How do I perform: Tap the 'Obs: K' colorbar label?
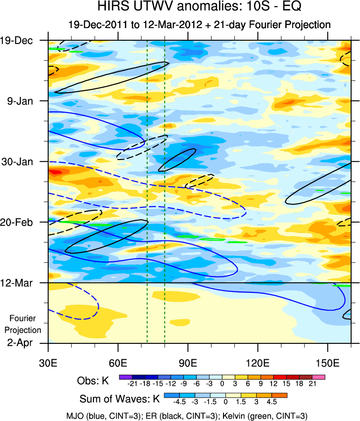pos(93,381)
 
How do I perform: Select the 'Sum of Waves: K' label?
pos(120,399)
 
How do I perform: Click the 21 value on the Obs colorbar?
pos(313,384)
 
